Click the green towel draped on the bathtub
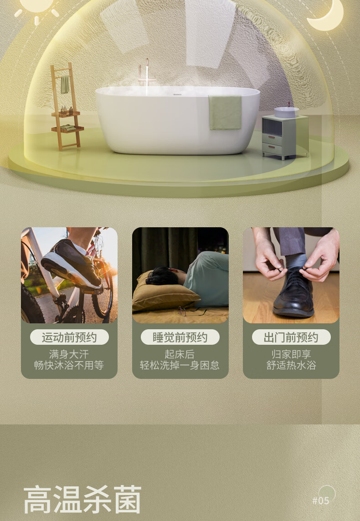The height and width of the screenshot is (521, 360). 225,112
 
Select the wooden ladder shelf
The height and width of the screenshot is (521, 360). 66,106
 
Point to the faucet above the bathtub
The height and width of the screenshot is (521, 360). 147,75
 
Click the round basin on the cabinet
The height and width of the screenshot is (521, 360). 286,112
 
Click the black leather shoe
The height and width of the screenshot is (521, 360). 294,292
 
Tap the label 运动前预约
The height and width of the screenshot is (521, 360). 69,337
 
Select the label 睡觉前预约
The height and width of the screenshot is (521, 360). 180,337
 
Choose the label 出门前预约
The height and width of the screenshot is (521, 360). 291,337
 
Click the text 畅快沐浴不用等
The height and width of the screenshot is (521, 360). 69,365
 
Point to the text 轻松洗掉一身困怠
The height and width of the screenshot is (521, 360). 180,365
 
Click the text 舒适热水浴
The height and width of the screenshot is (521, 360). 291,365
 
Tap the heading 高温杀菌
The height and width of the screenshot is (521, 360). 82,500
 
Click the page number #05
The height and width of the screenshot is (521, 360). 320,501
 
